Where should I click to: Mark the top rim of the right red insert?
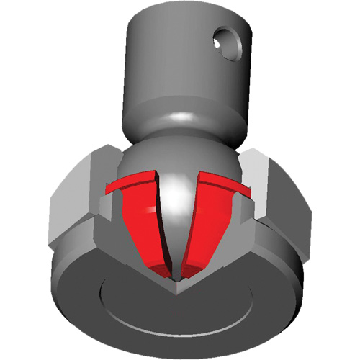point(223,183)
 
